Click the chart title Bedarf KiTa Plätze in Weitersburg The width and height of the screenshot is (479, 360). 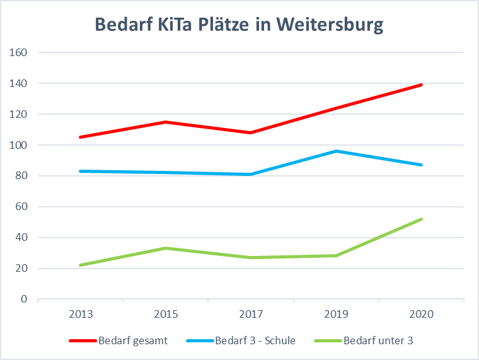coord(239,25)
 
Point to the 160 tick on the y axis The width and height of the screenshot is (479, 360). coord(19,52)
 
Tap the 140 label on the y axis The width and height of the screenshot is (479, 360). coord(19,83)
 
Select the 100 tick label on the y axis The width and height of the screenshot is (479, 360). coord(19,145)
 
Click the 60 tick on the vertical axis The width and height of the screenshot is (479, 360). coord(21,207)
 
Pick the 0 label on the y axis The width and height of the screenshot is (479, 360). coord(24,299)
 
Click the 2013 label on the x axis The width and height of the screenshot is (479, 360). coord(80,314)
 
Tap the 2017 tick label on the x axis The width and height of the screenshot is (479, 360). coord(251,314)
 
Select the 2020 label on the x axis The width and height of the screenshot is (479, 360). coord(422,314)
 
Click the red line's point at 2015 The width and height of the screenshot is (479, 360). coord(166,122)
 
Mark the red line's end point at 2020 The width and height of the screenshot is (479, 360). coord(422,84)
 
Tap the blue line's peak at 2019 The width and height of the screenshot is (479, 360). coord(337,151)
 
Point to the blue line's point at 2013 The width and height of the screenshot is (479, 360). coord(81,171)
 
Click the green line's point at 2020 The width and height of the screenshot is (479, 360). coord(422,219)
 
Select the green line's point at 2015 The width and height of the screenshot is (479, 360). coord(166,248)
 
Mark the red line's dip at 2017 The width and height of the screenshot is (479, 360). coord(251,132)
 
